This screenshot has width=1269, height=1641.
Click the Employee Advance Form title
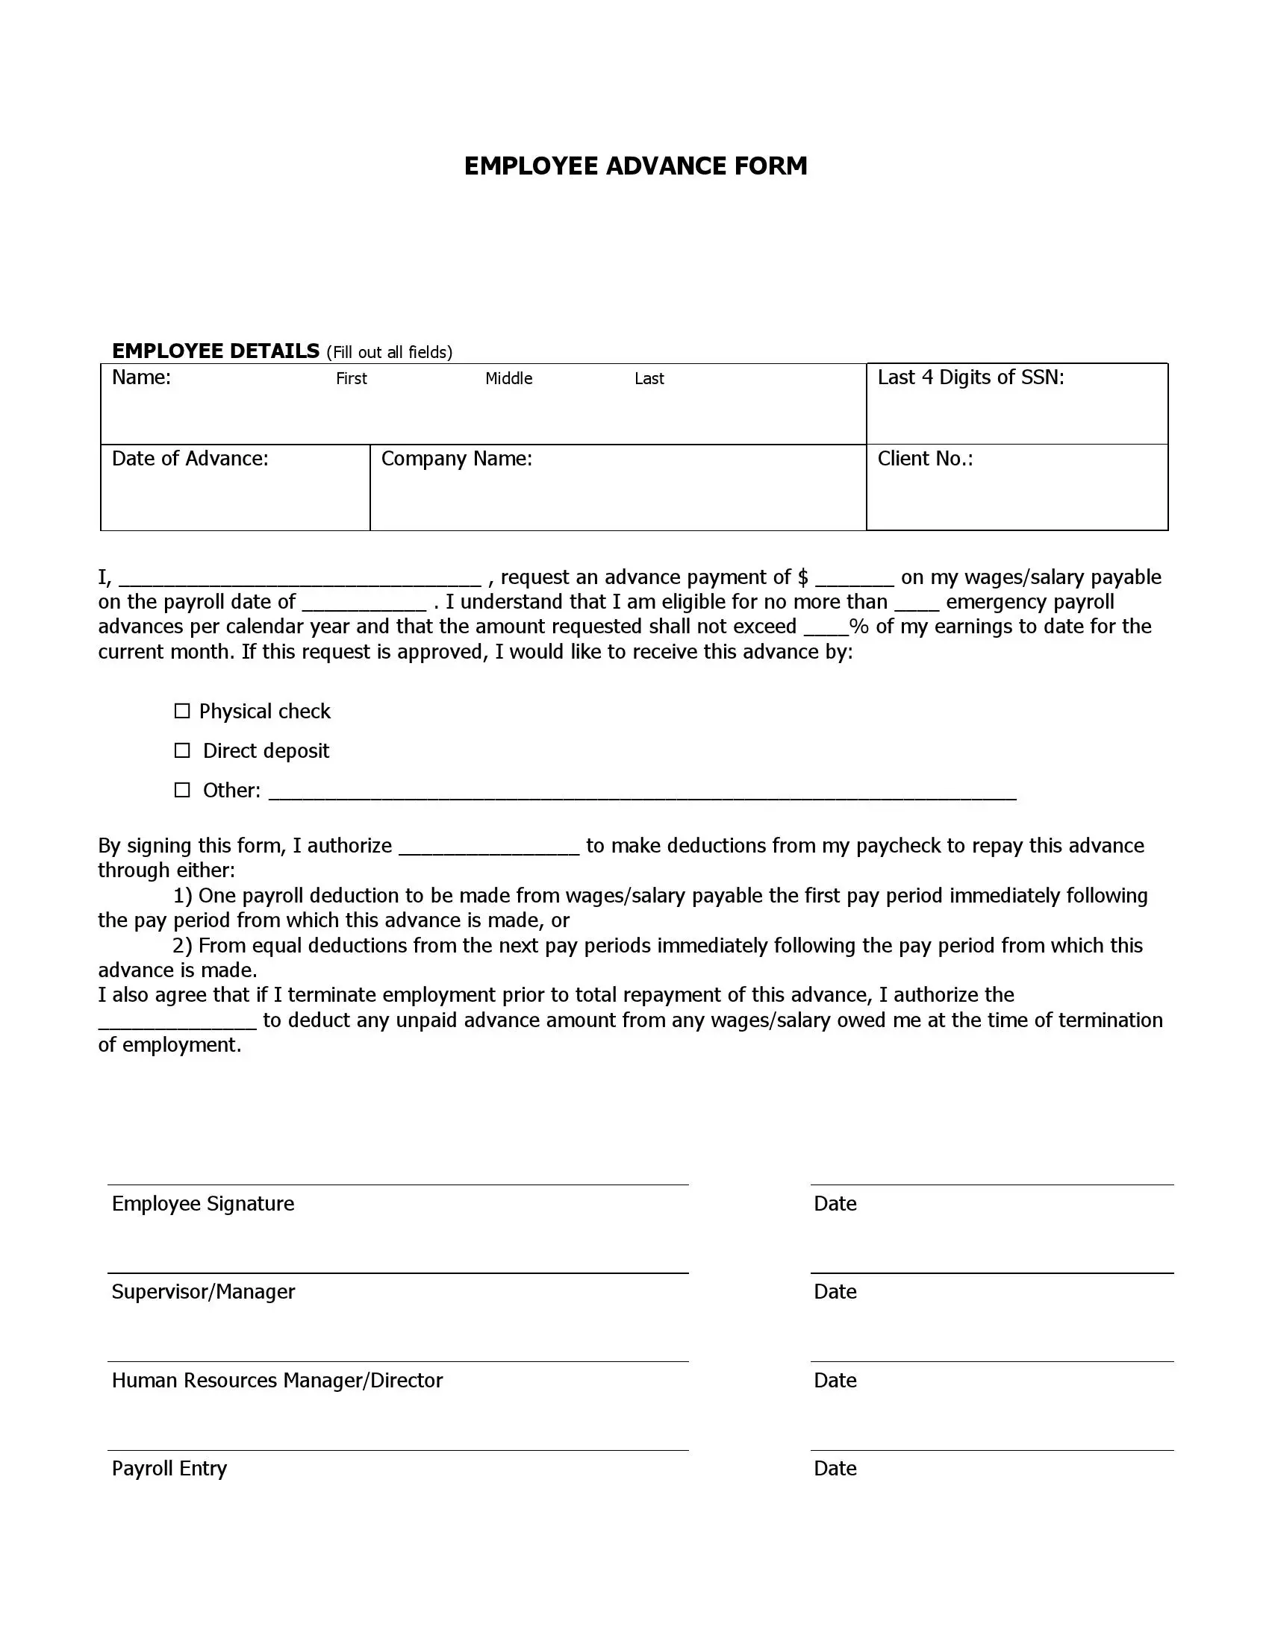click(x=635, y=166)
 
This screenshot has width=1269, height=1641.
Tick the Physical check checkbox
click(x=182, y=711)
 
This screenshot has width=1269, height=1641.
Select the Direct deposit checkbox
click(x=182, y=750)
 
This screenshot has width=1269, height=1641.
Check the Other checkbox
click(x=182, y=790)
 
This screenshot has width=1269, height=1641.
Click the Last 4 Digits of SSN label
click(x=970, y=377)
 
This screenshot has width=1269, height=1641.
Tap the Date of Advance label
click(x=190, y=458)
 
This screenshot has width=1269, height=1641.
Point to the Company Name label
click(x=456, y=458)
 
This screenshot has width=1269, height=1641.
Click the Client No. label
click(x=925, y=458)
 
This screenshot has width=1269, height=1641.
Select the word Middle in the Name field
click(x=508, y=379)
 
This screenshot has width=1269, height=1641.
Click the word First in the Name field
click(x=351, y=379)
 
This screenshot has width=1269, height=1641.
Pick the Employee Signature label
click(x=203, y=1204)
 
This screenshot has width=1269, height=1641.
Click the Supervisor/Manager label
click(x=203, y=1292)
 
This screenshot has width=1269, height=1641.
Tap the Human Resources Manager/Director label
click(x=278, y=1380)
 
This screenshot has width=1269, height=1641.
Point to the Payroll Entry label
click(x=169, y=1468)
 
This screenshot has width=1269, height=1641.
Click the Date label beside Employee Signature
click(x=835, y=1204)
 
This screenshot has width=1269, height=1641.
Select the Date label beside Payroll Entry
click(x=835, y=1468)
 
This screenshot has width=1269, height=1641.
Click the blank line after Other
click(x=642, y=794)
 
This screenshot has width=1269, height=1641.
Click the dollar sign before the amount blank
click(x=803, y=577)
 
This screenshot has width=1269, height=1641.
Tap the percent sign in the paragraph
click(x=858, y=627)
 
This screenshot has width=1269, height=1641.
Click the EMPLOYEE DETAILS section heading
click(x=216, y=351)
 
